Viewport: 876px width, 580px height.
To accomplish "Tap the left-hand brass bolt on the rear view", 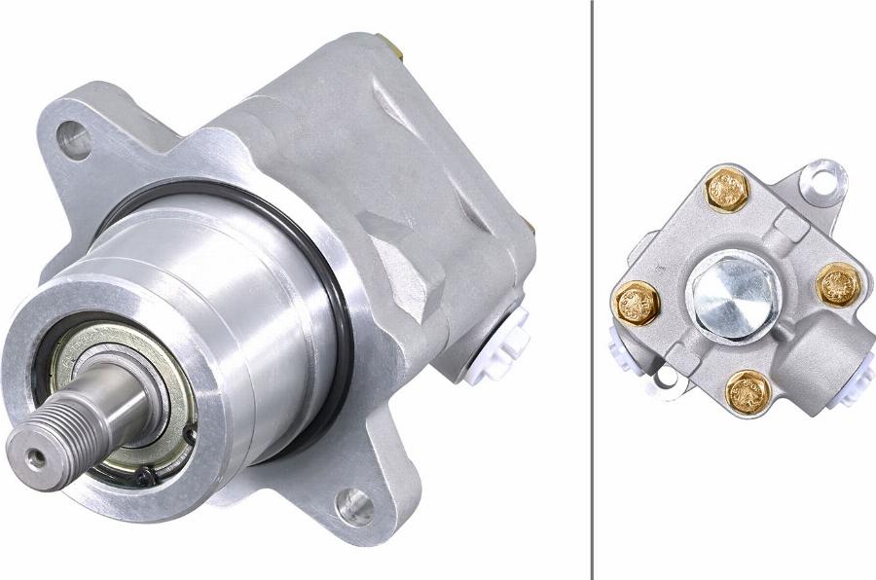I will tap(638, 302).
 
